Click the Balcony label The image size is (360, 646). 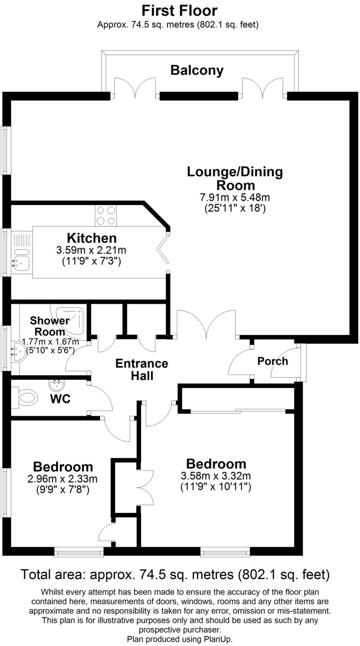[197, 70]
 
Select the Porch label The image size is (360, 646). [273, 361]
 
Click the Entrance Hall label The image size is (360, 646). [142, 370]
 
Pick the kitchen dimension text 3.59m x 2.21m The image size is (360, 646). [91, 250]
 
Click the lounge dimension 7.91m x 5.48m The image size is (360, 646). [235, 198]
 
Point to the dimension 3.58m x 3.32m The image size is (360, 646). [216, 476]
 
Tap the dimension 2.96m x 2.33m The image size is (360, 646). [62, 479]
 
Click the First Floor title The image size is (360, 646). [179, 11]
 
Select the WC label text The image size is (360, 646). [60, 399]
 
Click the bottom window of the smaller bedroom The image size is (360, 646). [79, 552]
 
